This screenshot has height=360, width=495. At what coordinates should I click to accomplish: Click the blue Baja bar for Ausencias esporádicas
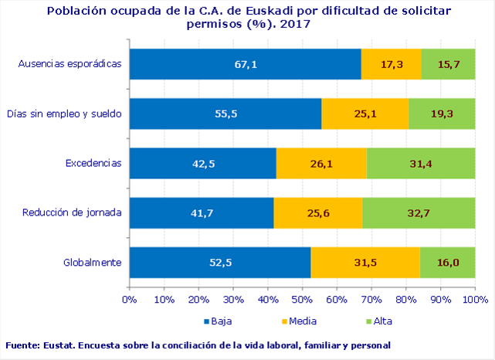pos(193,64)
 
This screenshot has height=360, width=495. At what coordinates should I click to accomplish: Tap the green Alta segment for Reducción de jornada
pos(432,212)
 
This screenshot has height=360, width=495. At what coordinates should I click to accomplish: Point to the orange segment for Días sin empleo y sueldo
pos(348,114)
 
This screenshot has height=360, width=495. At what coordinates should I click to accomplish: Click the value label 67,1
pos(245,64)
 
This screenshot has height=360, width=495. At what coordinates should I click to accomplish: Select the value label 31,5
pos(365,263)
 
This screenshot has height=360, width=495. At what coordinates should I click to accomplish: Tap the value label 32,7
pos(419,212)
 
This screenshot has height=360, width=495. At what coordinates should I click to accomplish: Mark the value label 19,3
pos(442,114)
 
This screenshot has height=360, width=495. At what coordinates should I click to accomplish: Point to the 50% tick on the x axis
pos(302,299)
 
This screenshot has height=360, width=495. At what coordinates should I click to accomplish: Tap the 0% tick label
pos(130,299)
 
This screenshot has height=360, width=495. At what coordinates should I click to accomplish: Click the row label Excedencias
pos(93,163)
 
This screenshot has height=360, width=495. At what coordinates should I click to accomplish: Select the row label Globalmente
pos(92,263)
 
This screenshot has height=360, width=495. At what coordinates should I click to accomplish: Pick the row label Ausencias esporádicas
pos(70,64)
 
